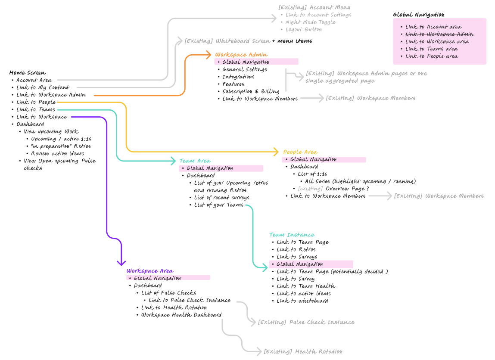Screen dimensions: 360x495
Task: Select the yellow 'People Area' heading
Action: [300, 152]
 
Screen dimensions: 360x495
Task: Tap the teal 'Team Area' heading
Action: [195, 161]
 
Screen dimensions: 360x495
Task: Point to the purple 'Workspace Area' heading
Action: [149, 271]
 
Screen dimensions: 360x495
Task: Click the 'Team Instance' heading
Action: [292, 235]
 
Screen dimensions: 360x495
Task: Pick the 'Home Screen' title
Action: [28, 73]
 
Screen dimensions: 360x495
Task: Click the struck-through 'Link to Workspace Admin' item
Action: [439, 34]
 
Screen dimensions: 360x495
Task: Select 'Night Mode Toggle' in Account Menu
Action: [310, 22]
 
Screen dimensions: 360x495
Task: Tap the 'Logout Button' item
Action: [303, 29]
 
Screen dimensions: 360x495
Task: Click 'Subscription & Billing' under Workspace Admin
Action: [251, 91]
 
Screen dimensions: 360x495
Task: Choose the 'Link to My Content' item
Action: [43, 87]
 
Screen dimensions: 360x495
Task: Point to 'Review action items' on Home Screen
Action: [57, 153]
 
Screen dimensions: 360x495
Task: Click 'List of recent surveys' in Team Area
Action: [221, 198]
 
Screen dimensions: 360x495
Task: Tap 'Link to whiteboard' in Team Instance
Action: [302, 301]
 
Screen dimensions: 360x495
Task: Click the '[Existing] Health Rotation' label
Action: [303, 352]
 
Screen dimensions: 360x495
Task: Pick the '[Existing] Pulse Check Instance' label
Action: [306, 322]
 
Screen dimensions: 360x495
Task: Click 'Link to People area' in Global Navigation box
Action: [431, 56]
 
